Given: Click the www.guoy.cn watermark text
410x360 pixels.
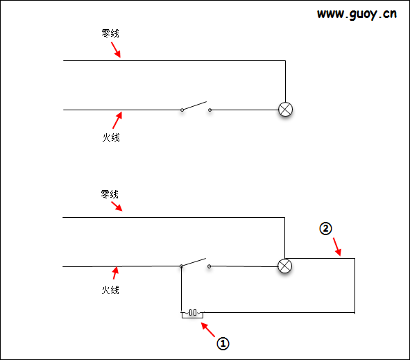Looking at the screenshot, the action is click(357, 14).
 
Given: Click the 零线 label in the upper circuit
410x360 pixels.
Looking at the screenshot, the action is click(110, 33).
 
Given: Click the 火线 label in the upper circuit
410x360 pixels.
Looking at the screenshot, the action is click(111, 137).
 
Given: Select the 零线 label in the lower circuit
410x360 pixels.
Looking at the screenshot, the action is click(110, 194).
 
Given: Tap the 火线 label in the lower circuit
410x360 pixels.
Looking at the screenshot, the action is click(110, 290).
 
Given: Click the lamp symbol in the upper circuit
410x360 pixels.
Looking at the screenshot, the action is click(286, 110).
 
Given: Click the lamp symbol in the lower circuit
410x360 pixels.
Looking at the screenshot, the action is click(284, 266).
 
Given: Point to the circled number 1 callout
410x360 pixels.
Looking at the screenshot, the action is click(223, 343).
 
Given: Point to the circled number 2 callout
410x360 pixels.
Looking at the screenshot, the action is click(325, 228).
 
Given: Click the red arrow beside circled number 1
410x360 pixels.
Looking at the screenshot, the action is click(208, 329).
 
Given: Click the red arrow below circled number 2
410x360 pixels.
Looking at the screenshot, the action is click(337, 247).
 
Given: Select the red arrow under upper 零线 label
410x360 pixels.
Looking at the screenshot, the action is click(116, 50).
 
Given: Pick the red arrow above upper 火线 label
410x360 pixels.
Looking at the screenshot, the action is click(117, 120).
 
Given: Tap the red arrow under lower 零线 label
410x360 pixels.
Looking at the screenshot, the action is click(117, 206).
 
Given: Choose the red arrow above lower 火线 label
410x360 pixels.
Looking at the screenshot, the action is click(115, 273).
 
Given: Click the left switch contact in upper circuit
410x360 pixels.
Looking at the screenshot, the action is click(182, 110).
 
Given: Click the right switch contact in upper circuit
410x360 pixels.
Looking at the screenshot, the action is click(210, 110).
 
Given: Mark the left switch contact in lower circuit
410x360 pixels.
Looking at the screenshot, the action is click(181, 266).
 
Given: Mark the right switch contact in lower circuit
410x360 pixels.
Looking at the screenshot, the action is click(210, 266).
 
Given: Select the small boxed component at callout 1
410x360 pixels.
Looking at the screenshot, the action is click(192, 314).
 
